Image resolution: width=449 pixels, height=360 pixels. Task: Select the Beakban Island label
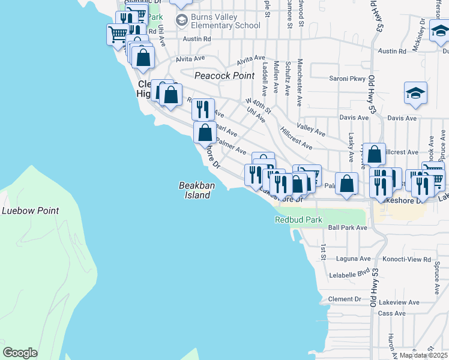(x=195, y=191)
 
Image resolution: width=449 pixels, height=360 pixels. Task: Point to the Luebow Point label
(x=30, y=211)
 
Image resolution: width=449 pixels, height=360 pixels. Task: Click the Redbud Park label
(x=299, y=220)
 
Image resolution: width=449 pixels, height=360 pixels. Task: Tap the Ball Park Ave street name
(x=347, y=228)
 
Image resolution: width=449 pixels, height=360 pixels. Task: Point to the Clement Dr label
(x=345, y=299)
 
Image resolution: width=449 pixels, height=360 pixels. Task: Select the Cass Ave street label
(x=392, y=313)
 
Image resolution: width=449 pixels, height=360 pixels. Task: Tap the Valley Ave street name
(x=311, y=130)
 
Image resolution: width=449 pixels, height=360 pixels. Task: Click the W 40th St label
(x=259, y=106)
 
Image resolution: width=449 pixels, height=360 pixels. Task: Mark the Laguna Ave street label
(x=357, y=259)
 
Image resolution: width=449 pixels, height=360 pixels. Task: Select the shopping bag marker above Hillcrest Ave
(x=374, y=155)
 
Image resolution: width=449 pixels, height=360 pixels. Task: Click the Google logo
(x=20, y=353)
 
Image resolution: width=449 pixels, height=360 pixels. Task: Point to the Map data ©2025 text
(x=423, y=355)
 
